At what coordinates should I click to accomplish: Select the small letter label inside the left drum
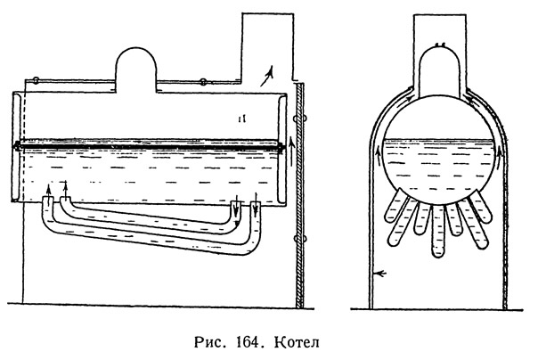(242, 116)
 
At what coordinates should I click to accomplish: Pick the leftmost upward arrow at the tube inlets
(47, 191)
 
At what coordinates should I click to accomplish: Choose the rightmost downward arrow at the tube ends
(256, 212)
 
